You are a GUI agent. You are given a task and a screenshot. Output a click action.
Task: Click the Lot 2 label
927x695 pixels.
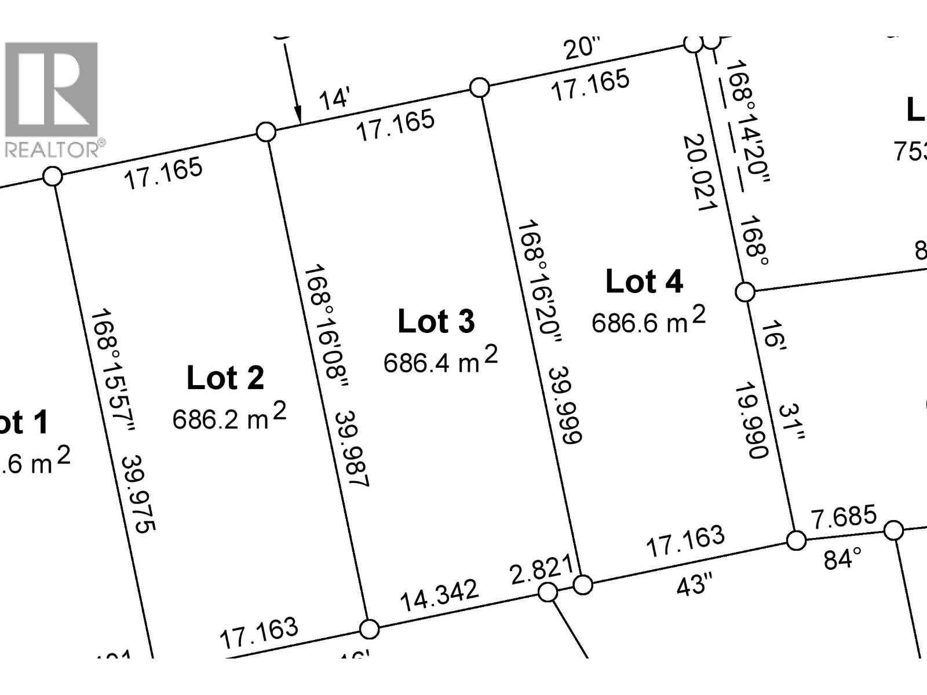click(225, 378)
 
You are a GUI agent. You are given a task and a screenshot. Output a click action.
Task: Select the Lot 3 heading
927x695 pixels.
click(436, 321)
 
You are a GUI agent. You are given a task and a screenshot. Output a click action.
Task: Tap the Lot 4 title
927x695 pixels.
click(644, 282)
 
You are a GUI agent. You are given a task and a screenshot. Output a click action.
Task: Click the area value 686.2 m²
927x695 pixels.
click(229, 417)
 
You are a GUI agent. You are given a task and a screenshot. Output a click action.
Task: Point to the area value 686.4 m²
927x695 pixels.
click(440, 360)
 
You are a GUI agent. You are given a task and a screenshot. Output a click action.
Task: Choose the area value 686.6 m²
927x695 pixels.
click(648, 320)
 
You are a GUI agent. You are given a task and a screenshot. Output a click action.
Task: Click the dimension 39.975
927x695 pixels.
click(139, 493)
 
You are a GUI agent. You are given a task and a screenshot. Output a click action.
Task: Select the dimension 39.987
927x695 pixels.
click(352, 449)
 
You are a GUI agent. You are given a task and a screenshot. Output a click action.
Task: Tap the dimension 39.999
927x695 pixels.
click(564, 405)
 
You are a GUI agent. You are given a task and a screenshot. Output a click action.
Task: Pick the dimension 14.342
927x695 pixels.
click(440, 595)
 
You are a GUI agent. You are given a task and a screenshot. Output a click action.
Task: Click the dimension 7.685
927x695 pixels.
click(844, 517)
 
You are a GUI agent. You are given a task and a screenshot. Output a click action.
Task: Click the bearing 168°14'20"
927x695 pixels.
click(748, 122)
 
